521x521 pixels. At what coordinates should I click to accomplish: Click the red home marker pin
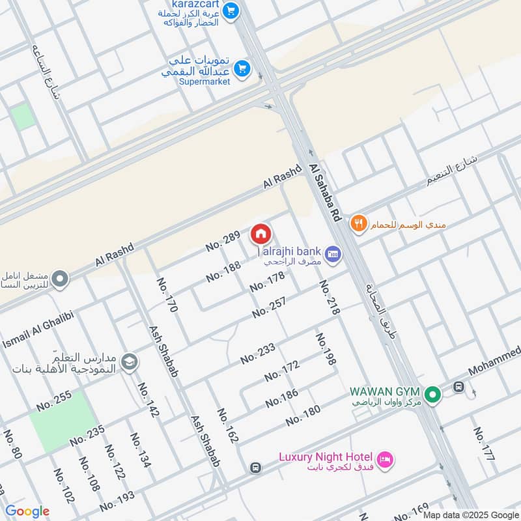260,234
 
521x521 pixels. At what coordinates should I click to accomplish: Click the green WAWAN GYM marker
431,394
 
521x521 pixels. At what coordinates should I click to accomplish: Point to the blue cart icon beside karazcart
230,10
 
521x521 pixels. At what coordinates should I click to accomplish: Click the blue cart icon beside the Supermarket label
242,68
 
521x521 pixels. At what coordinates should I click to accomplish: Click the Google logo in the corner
27,511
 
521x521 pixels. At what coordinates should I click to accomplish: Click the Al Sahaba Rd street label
326,193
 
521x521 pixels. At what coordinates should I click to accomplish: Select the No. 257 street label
269,307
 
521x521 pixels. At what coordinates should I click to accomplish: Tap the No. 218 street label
330,298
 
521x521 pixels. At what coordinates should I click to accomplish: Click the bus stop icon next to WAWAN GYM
458,387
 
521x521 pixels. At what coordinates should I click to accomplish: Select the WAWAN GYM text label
384,391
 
